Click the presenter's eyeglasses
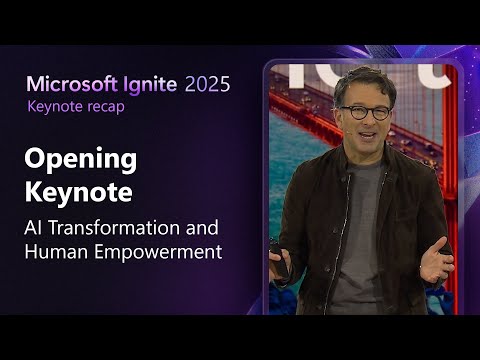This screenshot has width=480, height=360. pos(366,112)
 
